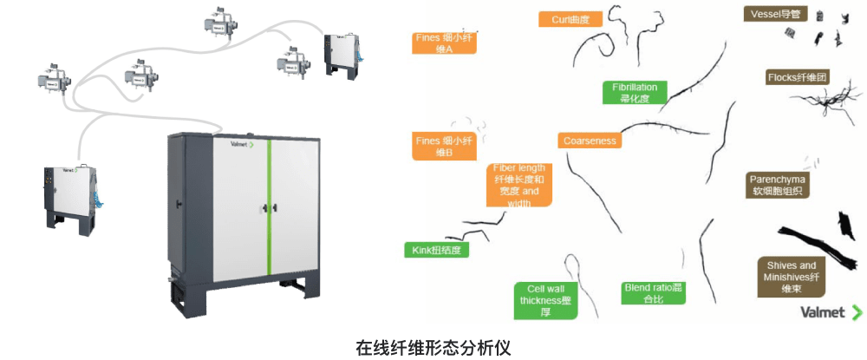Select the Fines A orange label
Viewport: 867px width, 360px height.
pos(444,43)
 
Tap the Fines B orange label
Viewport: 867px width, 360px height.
pos(444,147)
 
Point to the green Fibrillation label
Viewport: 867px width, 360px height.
pos(634,93)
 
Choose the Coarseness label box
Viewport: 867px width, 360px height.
pos(589,141)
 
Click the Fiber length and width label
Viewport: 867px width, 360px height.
pos(519,185)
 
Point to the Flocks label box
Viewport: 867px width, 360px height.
pos(799,77)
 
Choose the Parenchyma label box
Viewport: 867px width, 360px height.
pos(778,185)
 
